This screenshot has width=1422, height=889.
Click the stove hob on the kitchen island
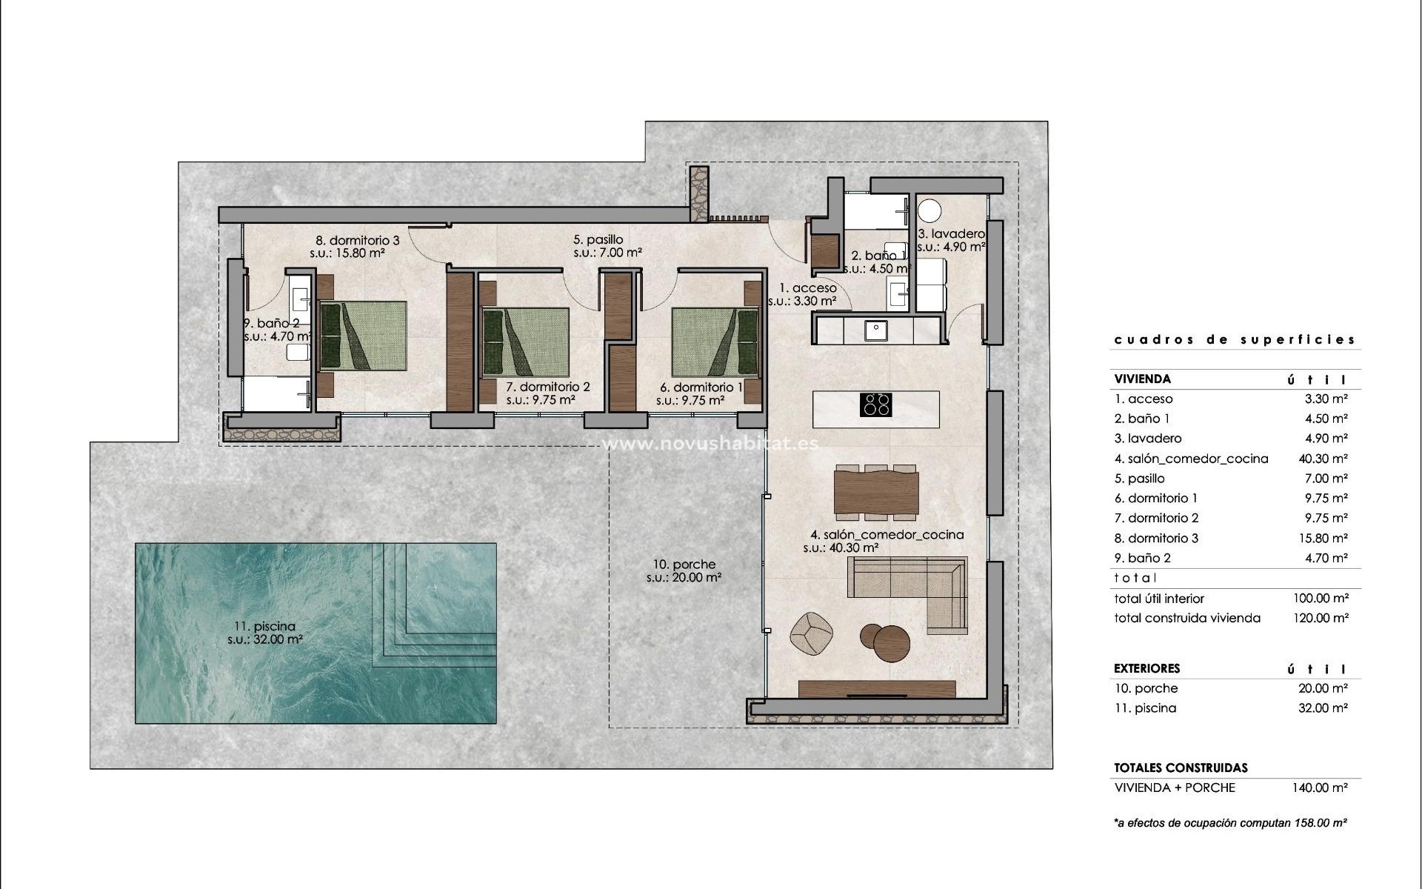[876, 404]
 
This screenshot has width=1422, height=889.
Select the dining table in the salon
[876, 490]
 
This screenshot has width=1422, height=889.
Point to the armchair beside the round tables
[811, 634]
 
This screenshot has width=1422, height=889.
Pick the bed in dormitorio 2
[525, 342]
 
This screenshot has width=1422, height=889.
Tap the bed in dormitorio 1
[715, 342]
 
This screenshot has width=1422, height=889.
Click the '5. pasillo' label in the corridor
[598, 240]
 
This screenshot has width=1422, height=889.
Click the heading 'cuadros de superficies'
[1235, 340]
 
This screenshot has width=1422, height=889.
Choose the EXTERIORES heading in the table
[1146, 668]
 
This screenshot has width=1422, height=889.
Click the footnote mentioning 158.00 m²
[1230, 823]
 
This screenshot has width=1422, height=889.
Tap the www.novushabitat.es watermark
[711, 444]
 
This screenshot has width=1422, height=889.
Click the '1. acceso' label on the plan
[807, 288]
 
